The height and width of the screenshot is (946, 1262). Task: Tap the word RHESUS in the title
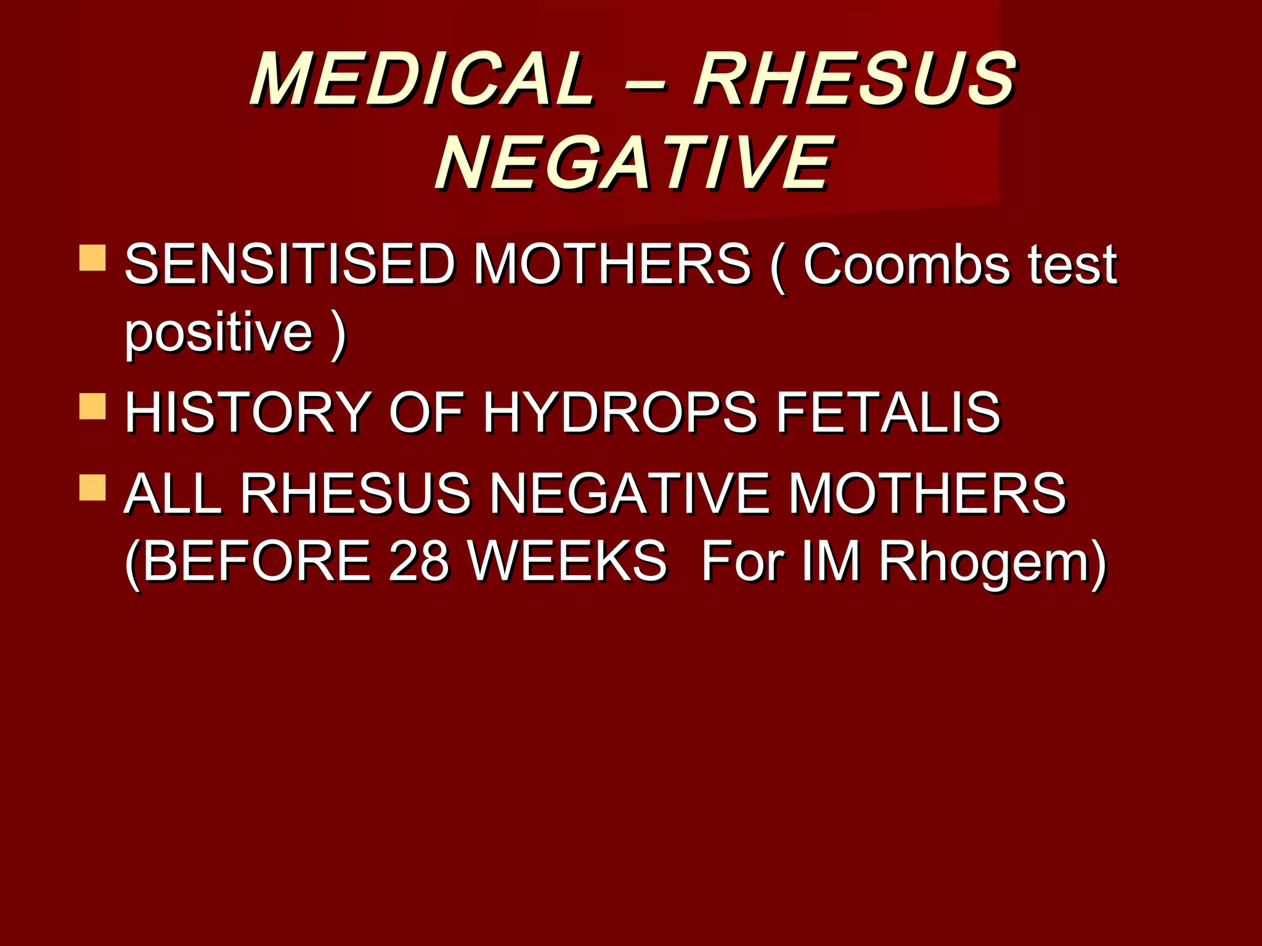click(x=855, y=80)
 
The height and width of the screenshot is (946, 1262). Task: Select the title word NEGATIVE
click(x=634, y=163)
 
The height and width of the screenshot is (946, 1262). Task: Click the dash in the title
click(x=644, y=83)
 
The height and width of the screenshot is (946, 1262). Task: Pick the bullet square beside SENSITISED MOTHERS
click(x=92, y=258)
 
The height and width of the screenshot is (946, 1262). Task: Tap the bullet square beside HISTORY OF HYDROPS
click(x=92, y=406)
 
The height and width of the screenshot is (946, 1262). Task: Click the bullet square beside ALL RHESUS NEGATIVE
click(x=92, y=487)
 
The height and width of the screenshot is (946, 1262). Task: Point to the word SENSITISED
click(x=290, y=265)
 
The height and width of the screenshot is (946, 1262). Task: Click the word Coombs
click(x=906, y=265)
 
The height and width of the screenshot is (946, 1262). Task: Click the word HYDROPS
click(x=619, y=412)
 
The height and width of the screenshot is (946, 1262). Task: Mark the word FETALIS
click(x=888, y=412)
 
